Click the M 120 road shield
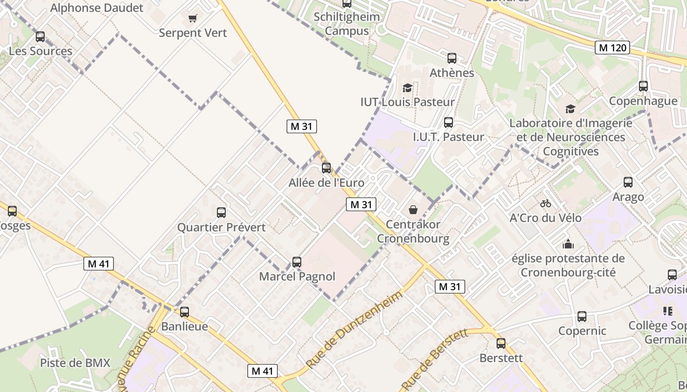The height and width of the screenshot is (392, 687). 612,48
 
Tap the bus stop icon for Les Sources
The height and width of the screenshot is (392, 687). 40,36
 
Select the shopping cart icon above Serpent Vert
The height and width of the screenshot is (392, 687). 193,19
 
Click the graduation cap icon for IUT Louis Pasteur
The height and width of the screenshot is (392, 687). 407,88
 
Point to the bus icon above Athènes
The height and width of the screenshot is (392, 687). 452,58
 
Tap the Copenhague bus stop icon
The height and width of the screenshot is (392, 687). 643,86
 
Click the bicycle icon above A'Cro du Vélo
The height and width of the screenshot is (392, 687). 545,203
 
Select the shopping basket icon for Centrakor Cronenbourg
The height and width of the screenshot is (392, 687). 413,210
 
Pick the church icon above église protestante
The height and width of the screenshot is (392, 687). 568,244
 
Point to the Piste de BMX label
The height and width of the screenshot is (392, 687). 75,363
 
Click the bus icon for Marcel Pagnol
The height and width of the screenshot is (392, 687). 297,262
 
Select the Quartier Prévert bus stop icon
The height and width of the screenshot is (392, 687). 221,213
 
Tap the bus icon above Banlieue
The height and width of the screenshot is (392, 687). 185,312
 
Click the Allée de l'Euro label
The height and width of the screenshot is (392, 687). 326,183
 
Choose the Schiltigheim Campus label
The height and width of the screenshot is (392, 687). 347,24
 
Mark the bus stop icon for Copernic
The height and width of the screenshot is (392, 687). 582,317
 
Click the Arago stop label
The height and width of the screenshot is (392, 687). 628,197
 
